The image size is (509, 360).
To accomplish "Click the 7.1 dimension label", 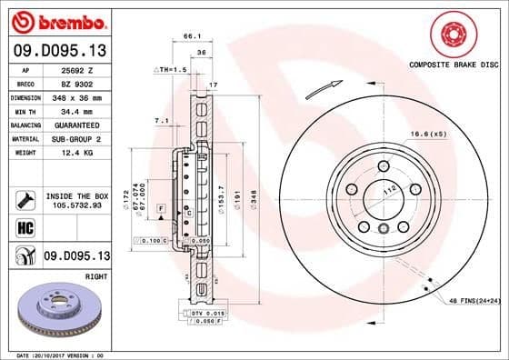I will pos(162,119).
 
